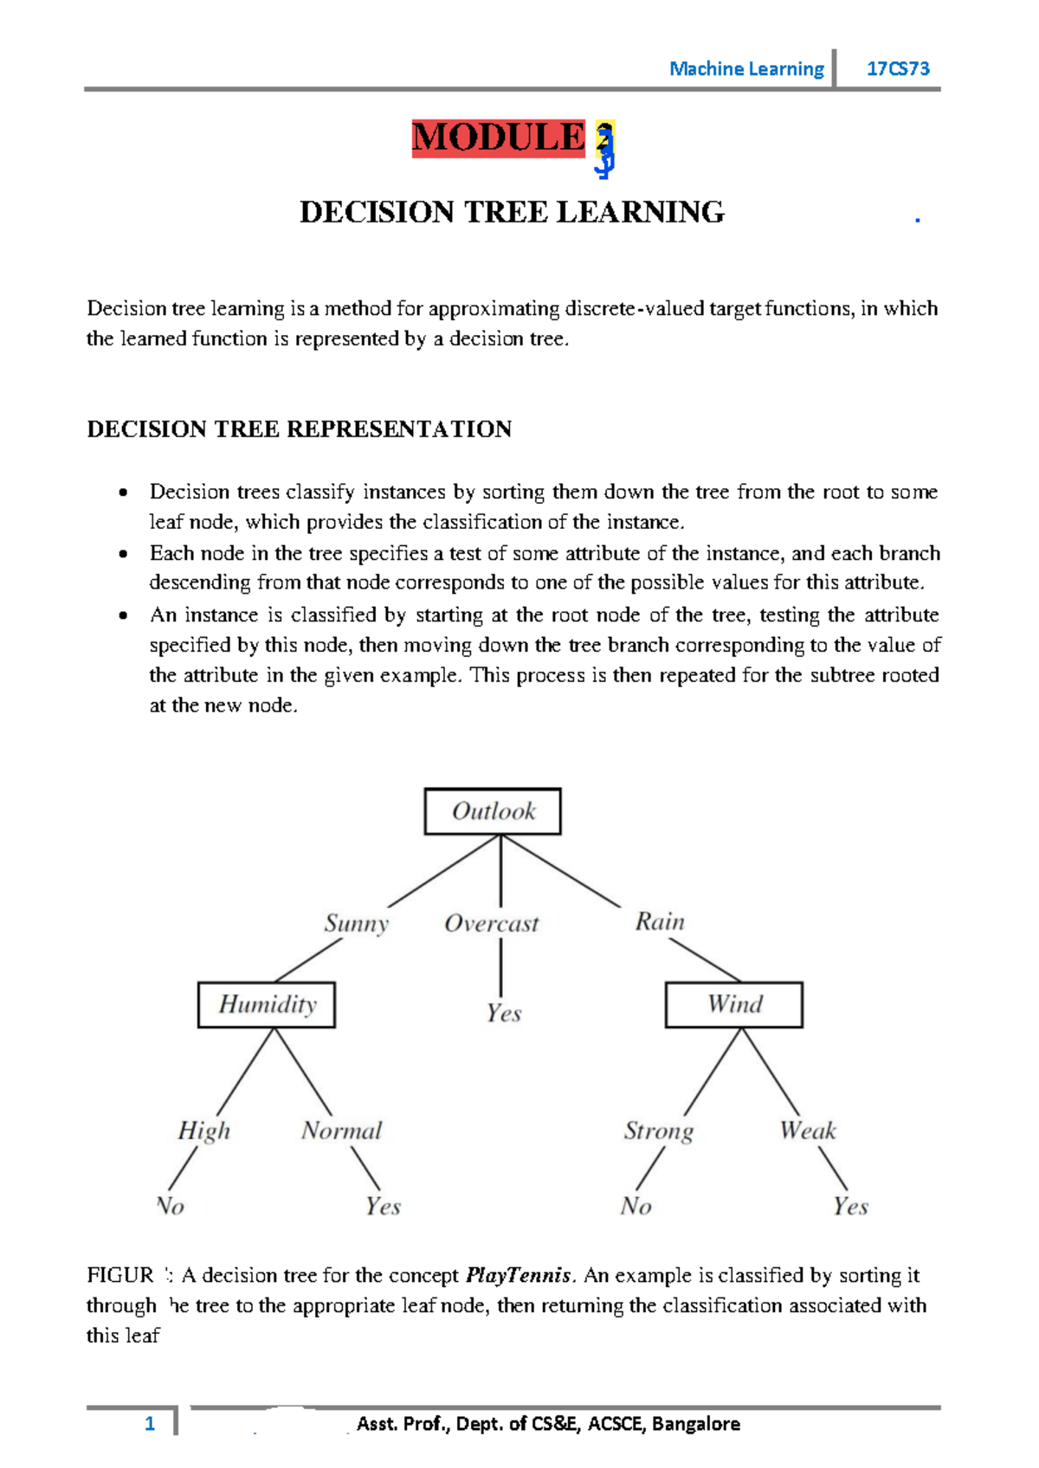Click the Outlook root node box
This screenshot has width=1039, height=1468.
tap(493, 811)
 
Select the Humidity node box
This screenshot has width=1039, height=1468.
tap(267, 1004)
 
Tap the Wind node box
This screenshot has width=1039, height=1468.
tap(733, 1004)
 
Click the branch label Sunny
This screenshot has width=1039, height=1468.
tap(357, 923)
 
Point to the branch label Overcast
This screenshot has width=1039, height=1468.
tap(491, 924)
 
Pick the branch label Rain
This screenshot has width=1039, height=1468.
tap(660, 921)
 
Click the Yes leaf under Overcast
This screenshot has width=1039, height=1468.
tap(504, 1013)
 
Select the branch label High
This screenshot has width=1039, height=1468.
tap(204, 1130)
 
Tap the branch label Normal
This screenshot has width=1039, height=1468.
tap(341, 1130)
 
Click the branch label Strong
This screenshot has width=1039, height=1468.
tap(659, 1130)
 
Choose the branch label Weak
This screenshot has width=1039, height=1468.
tap(807, 1130)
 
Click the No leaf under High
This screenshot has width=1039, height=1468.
tap(171, 1206)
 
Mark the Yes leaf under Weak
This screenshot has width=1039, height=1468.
tap(850, 1206)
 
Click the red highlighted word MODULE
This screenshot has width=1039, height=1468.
tap(499, 138)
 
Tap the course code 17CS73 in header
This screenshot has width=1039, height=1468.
tap(898, 68)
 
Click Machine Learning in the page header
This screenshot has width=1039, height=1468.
tap(746, 68)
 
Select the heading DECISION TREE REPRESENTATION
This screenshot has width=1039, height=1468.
tap(300, 429)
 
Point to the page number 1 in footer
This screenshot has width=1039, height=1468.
tap(150, 1424)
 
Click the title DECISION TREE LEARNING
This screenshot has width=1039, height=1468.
tap(512, 212)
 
